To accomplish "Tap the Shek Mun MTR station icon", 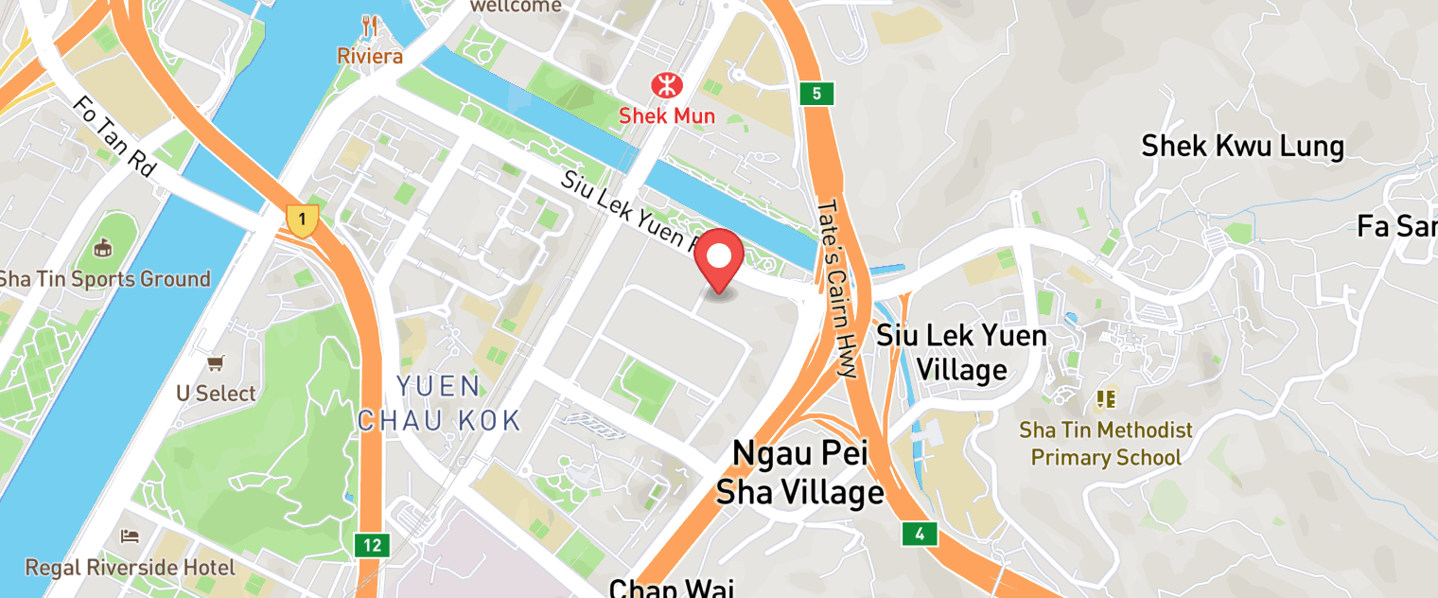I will tap(667, 86).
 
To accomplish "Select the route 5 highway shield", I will tap(815, 94).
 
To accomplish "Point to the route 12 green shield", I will tap(372, 545).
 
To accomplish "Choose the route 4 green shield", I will tap(919, 534).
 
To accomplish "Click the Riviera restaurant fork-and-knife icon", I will tap(370, 26).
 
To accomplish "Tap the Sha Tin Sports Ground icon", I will tap(104, 248).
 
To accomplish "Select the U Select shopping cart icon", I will tap(216, 362).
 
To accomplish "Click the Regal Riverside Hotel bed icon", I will tap(130, 536).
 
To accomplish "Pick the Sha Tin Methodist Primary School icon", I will tap(1105, 399).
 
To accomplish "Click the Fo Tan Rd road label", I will tap(114, 136).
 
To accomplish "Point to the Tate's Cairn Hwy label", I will tap(838, 289).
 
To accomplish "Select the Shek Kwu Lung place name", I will tap(1242, 147).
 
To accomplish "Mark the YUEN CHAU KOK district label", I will tap(439, 403).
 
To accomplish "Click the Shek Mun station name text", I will tap(667, 116).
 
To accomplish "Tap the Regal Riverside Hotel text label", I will tap(130, 568).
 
